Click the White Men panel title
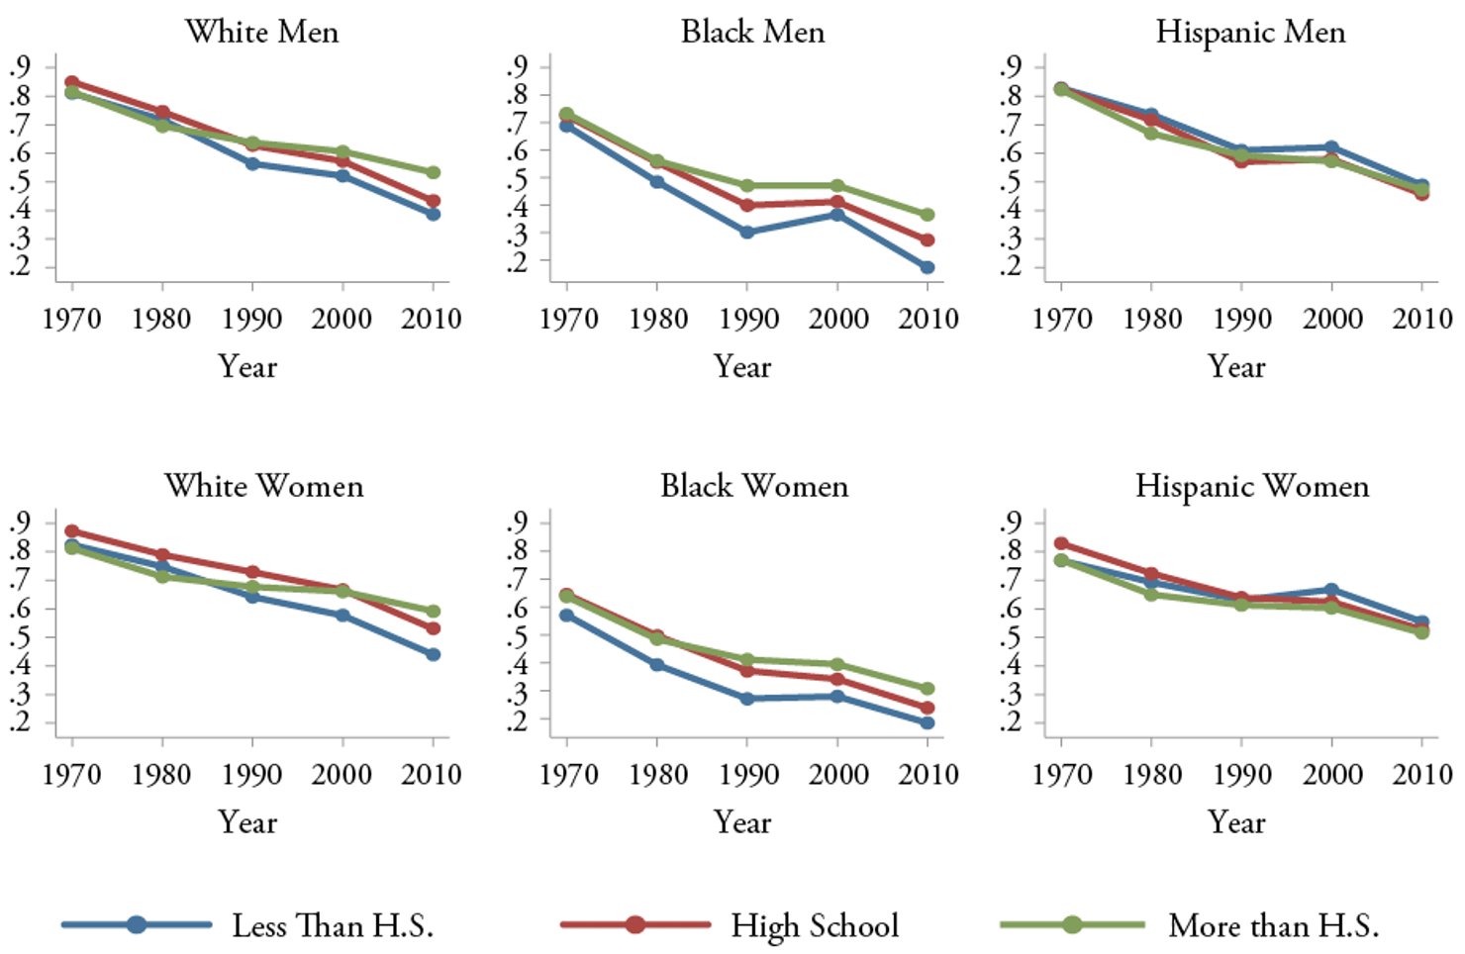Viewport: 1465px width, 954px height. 261,32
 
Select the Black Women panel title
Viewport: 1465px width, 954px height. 754,486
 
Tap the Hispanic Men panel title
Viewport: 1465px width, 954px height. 1250,32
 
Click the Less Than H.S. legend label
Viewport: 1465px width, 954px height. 333,925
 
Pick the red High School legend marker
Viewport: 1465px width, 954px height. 635,924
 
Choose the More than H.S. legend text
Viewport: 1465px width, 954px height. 1273,925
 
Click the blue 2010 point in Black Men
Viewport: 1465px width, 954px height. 928,267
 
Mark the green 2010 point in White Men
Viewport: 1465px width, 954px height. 433,172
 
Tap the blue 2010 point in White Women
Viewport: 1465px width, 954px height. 433,654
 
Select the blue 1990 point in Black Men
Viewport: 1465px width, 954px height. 747,233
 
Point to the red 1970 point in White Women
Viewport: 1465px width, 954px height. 72,531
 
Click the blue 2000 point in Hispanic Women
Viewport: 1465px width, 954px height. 1331,590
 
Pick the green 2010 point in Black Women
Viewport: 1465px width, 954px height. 928,689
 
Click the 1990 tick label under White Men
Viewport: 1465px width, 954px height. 252,319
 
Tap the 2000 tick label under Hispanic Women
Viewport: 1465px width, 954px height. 1331,774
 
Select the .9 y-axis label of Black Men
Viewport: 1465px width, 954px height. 517,66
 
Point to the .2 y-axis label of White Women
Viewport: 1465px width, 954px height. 20,721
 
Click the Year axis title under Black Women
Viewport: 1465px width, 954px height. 742,822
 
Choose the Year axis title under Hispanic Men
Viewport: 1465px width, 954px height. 1236,367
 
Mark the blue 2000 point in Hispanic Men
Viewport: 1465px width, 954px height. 1331,147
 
